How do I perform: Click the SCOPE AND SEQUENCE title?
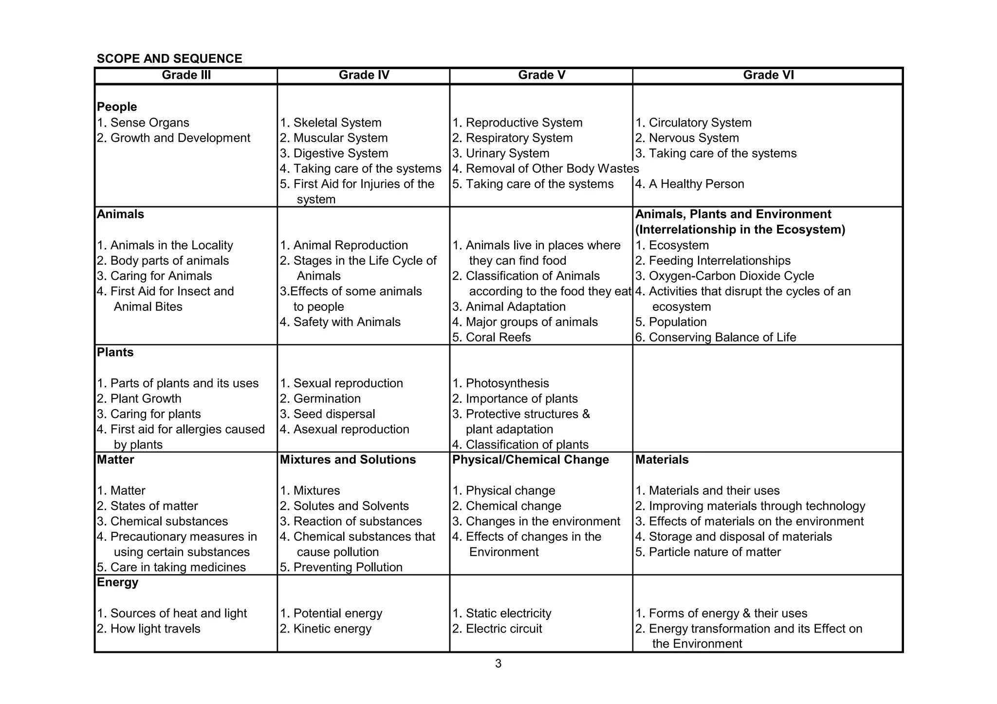point(169,59)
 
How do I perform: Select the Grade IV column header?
point(364,75)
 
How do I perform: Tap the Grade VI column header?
point(768,75)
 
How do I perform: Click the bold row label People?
point(117,107)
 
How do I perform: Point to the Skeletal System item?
point(331,123)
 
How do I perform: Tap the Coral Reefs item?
point(491,337)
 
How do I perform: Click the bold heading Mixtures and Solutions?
point(348,460)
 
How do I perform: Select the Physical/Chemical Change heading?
point(530,460)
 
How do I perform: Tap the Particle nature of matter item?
point(708,552)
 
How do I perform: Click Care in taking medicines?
point(171,567)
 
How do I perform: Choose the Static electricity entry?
point(502,613)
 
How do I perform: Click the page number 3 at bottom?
point(498,664)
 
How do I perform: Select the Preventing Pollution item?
point(341,567)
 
